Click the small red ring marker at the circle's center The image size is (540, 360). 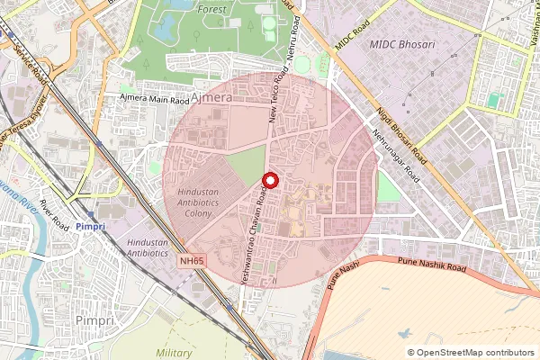click(x=269, y=181)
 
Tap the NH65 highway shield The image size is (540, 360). click(x=190, y=261)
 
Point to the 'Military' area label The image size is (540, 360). click(x=174, y=353)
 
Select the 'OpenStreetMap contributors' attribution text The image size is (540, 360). click(x=474, y=353)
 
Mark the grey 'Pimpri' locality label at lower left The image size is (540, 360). click(x=94, y=319)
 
